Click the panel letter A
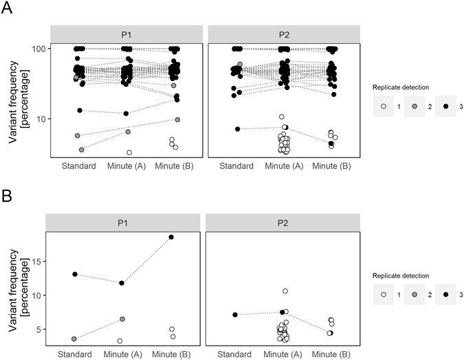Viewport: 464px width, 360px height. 8,10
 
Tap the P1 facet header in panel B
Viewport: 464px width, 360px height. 122,223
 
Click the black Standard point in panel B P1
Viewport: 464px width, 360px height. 75,274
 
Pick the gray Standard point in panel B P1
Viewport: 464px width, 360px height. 75,339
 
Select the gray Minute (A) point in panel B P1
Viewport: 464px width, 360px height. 122,319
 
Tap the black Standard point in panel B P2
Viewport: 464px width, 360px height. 236,315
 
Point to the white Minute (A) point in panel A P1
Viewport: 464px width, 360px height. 129,152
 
